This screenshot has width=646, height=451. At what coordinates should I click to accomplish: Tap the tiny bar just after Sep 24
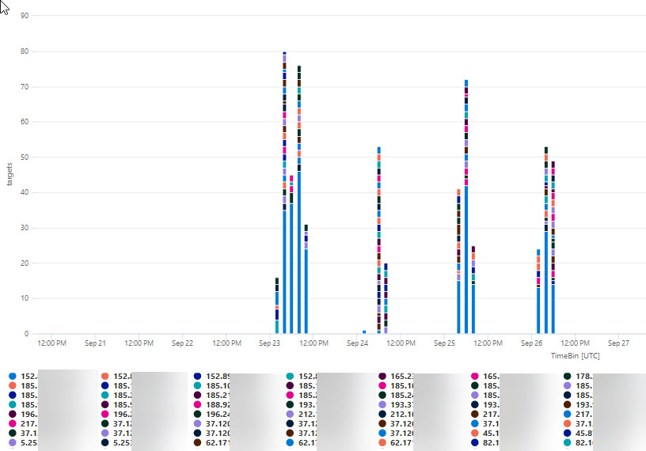pos(364,332)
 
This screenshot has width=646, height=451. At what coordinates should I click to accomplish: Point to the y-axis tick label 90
pos(25,16)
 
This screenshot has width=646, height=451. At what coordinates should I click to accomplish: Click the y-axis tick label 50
pos(25,157)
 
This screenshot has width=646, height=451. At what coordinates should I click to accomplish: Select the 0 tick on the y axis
pos(26,334)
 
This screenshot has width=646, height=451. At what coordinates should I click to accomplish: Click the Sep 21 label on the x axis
pos(95,343)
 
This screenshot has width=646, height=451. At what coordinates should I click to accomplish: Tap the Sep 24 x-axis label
pos(358,343)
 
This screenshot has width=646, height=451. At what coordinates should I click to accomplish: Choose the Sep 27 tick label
pos(618,343)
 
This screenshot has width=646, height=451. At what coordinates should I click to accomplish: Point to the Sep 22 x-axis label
pos(182,343)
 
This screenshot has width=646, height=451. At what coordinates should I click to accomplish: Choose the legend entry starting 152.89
pos(218,376)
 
